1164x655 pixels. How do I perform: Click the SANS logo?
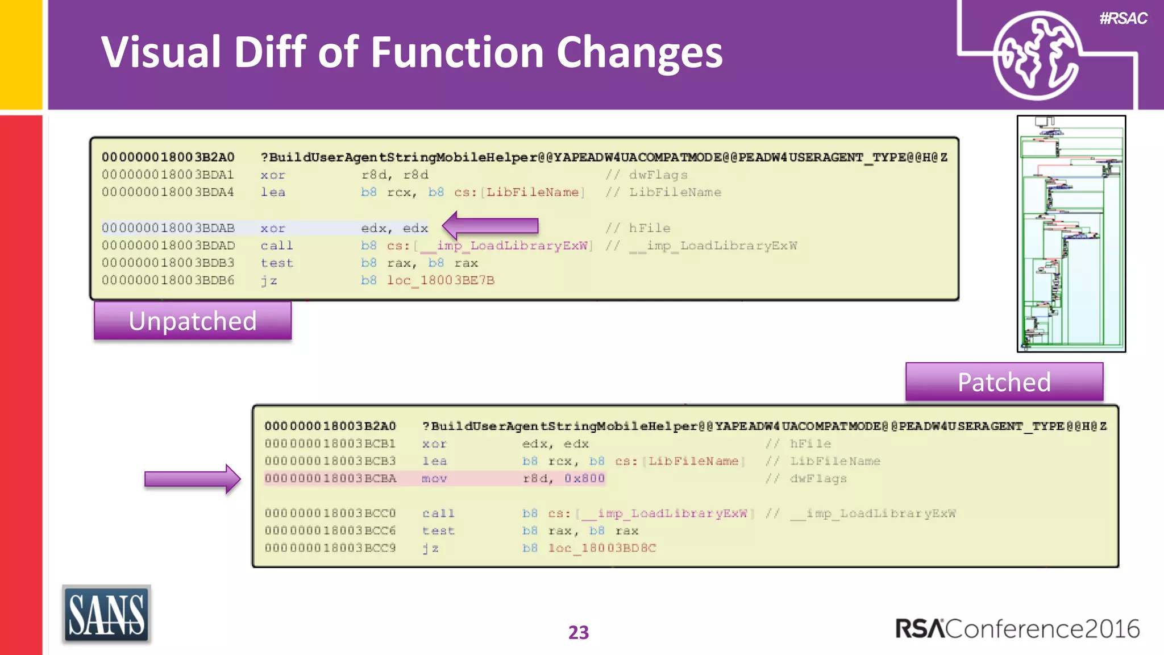click(x=106, y=615)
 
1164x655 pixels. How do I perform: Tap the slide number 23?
click(x=579, y=632)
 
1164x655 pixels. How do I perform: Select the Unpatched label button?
click(x=193, y=321)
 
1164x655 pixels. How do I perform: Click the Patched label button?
click(x=1004, y=382)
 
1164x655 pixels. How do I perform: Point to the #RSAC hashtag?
click(x=1123, y=19)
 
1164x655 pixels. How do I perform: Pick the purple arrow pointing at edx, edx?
click(x=490, y=226)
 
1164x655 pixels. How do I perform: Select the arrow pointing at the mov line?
click(x=192, y=479)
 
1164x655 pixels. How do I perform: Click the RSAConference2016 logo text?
click(x=1017, y=629)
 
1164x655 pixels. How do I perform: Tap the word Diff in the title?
click(x=269, y=52)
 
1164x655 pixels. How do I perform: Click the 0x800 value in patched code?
click(x=584, y=479)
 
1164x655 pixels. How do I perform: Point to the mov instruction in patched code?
click(x=434, y=479)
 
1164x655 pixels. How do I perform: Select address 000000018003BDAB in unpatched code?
click(x=168, y=228)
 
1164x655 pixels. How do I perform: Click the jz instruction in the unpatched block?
click(x=269, y=280)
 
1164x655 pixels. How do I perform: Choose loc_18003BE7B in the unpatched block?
click(x=440, y=280)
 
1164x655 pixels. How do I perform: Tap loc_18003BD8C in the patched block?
click(x=602, y=548)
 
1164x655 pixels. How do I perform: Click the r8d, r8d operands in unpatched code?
click(x=394, y=175)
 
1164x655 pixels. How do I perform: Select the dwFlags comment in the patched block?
click(x=818, y=479)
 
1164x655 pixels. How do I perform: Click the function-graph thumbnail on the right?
click(x=1071, y=234)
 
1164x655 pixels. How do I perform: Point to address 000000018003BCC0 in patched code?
click(x=330, y=513)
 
